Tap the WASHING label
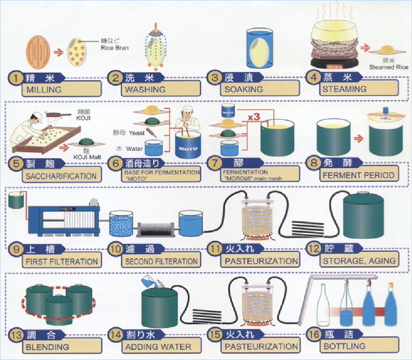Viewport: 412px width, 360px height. [143, 89]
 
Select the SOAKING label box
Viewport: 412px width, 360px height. [244, 89]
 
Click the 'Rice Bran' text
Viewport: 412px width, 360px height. [115, 47]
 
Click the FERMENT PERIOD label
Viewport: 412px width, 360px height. [358, 175]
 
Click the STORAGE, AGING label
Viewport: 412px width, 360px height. [358, 261]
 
